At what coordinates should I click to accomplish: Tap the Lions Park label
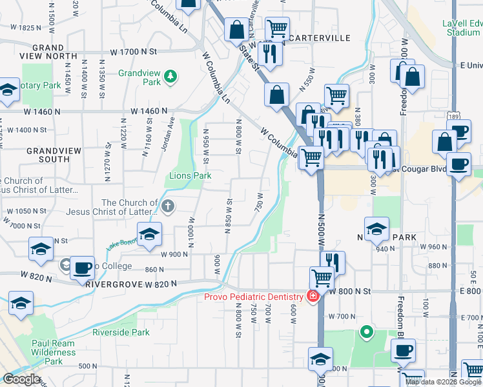click(190, 175)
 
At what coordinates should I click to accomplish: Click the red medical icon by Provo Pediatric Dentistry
click(313, 297)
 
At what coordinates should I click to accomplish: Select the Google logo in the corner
click(21, 379)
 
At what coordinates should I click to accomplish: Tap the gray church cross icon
click(167, 206)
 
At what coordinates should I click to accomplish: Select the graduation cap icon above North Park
click(376, 227)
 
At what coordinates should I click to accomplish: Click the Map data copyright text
click(443, 382)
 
